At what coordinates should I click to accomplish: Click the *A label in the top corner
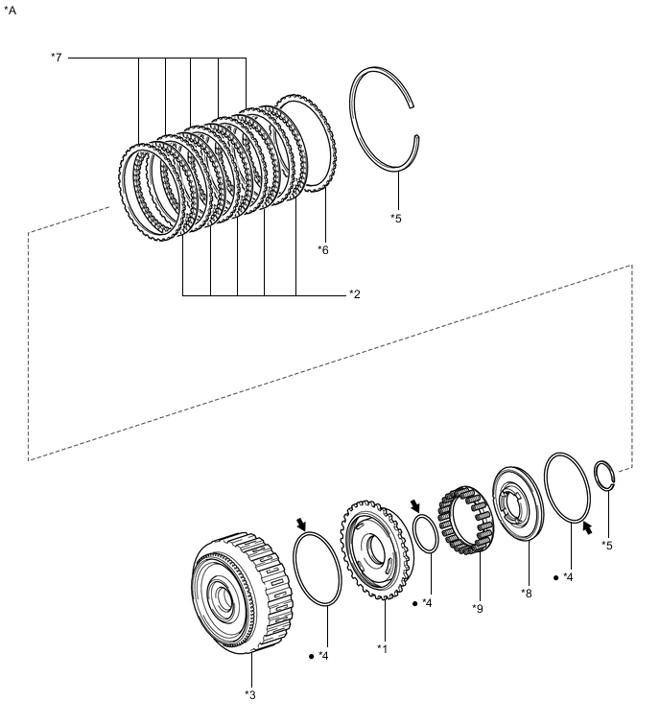click(11, 11)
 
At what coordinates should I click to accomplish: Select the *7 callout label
click(56, 58)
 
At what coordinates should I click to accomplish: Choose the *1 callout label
click(383, 649)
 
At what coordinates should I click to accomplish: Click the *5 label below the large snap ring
click(396, 219)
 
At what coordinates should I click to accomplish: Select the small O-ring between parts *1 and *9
click(427, 533)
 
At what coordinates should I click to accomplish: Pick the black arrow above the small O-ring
click(415, 505)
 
